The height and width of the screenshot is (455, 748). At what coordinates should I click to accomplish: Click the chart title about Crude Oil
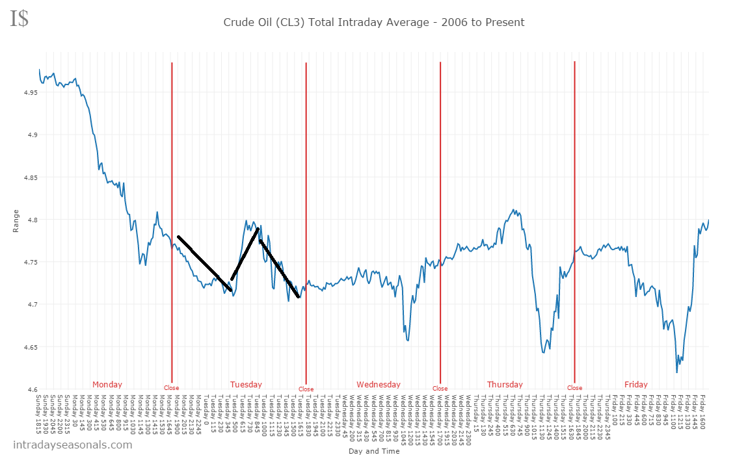click(373, 22)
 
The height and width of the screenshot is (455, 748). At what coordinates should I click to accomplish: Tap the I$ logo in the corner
click(20, 18)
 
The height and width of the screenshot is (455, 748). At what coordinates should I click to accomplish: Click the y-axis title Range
click(16, 222)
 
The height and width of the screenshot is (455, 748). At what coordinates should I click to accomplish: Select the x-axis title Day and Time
click(373, 450)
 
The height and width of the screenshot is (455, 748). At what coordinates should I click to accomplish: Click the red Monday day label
click(107, 384)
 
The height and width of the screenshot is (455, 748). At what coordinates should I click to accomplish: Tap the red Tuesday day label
click(246, 384)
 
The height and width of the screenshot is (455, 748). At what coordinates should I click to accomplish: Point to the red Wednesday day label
click(379, 384)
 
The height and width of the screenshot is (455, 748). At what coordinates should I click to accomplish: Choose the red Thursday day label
click(505, 384)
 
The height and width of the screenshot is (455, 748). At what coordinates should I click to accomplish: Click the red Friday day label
click(635, 384)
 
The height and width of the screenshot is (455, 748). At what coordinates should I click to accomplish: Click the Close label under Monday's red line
click(171, 388)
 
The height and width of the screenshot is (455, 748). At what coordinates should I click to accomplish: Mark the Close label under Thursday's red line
click(574, 388)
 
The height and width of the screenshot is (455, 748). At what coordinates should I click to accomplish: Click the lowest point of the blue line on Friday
click(676, 372)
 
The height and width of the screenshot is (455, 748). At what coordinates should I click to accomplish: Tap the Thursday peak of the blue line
click(514, 210)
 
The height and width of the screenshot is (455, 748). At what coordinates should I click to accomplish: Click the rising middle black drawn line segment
click(245, 253)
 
